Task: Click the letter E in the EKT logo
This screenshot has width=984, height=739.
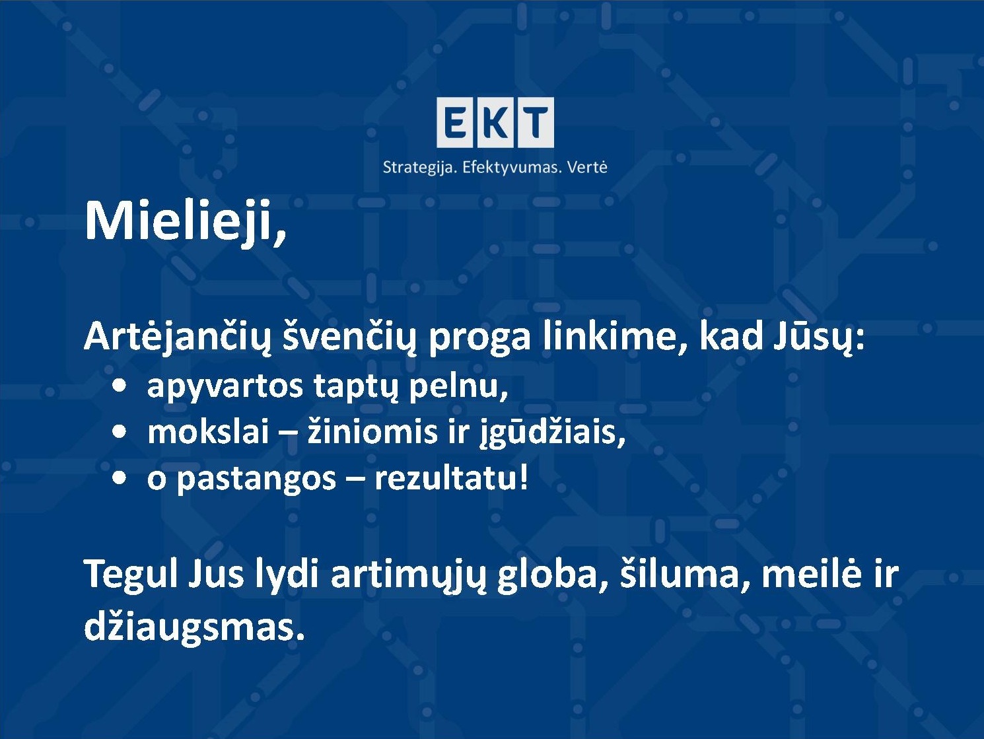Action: [456, 122]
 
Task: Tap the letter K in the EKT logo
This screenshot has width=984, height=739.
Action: [496, 122]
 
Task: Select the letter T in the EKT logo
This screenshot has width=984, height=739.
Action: [536, 122]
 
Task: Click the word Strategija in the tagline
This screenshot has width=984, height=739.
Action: [420, 168]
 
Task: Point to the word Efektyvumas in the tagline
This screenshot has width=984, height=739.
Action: [511, 168]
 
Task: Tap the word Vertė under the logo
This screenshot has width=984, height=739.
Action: [587, 167]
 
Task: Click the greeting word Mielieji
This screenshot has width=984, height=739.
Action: [185, 223]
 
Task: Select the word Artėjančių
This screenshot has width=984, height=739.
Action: [178, 337]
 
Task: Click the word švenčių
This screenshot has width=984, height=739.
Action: [349, 338]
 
